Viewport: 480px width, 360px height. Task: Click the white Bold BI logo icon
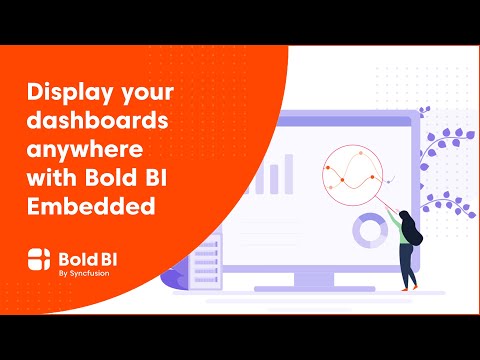click(39, 259)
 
